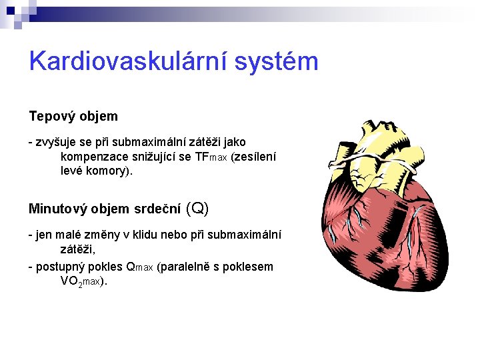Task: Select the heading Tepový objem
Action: click(x=73, y=116)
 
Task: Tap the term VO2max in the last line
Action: click(x=81, y=281)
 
